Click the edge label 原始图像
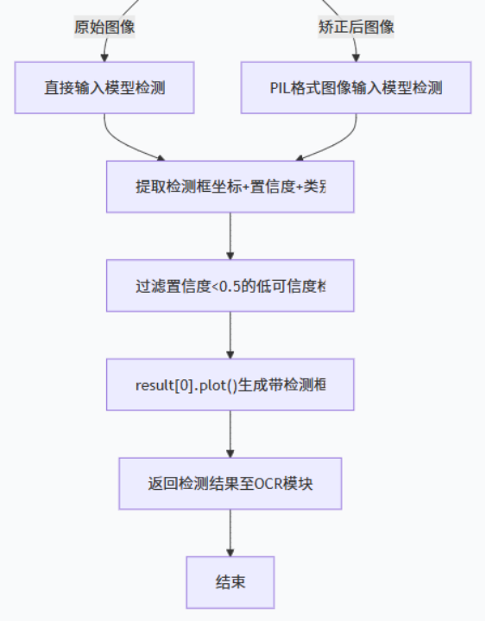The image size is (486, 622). (104, 27)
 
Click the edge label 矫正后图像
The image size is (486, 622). (356, 27)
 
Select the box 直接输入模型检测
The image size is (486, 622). (104, 87)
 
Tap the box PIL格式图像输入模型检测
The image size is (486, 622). (356, 87)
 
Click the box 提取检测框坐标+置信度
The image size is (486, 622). (230, 187)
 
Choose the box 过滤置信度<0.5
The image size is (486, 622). (230, 286)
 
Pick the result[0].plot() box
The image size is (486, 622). (230, 384)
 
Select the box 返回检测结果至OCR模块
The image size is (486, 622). (230, 483)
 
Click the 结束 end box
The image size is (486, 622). (230, 582)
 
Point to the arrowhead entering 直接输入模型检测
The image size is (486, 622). (104, 57)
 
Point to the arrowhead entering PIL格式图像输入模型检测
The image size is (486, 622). (356, 57)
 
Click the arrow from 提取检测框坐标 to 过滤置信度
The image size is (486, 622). (230, 235)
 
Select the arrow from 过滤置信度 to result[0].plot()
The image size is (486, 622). (230, 334)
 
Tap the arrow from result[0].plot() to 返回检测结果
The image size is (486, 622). (230, 434)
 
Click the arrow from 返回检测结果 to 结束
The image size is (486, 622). (230, 532)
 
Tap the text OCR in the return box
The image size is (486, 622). (268, 484)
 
